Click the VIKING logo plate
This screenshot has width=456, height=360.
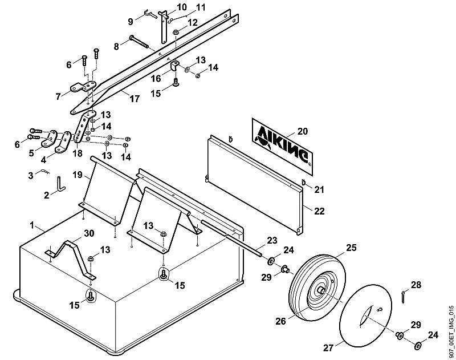[x=282, y=147]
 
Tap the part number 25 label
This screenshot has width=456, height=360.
[x=351, y=248]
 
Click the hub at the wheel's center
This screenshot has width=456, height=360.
[x=321, y=290]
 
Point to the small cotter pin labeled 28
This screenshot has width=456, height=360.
[x=403, y=297]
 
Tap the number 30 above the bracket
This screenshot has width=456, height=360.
[x=89, y=233]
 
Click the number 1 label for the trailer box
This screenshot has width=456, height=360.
[x=32, y=225]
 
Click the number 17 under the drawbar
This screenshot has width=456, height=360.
[x=135, y=99]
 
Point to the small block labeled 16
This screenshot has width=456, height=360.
[x=174, y=66]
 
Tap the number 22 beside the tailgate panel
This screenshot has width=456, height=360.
[x=319, y=211]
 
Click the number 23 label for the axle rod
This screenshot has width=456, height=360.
[x=272, y=241]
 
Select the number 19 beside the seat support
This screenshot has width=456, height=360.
[x=78, y=175]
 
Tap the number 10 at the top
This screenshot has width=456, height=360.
[x=182, y=7]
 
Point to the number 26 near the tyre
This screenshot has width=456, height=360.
[x=281, y=321]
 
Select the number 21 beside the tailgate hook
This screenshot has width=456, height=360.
[x=319, y=190]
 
